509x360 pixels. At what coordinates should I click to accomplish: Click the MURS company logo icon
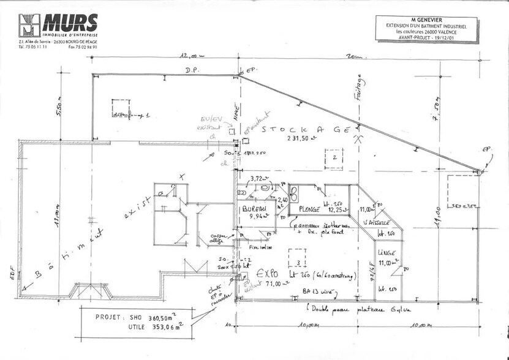(28, 25)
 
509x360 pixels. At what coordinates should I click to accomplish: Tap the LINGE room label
(386, 253)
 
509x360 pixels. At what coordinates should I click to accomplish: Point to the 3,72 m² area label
(260, 178)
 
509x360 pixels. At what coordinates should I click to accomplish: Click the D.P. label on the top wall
(192, 72)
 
